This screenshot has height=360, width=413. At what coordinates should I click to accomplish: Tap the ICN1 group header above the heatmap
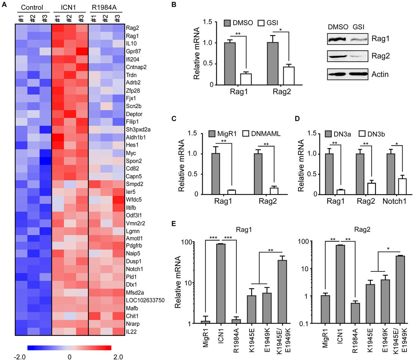pos(68,8)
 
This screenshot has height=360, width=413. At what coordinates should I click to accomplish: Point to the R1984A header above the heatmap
pos(104,8)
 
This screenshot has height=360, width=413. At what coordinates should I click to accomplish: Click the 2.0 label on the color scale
pos(118,357)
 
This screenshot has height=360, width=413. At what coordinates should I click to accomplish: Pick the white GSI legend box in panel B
pos(261,23)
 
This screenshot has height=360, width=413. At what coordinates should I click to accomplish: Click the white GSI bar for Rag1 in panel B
pos(246,79)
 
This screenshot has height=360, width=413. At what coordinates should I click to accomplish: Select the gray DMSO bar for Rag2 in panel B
pos(273,63)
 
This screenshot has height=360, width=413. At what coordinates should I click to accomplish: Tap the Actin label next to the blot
pos(380,74)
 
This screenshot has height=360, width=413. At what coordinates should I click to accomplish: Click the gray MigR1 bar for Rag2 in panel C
pos(258,174)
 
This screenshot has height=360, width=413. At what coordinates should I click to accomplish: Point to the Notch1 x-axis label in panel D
pos(394,201)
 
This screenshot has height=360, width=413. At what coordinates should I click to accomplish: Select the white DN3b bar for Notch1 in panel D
pos(402,186)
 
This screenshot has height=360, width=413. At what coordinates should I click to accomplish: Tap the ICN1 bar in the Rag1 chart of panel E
pos(221,284)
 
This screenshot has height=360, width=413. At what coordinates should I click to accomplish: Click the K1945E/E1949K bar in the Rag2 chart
pos(400,290)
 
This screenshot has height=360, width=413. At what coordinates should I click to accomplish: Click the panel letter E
pos(173,224)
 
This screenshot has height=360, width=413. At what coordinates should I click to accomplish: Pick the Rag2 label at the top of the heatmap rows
pos(133,28)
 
